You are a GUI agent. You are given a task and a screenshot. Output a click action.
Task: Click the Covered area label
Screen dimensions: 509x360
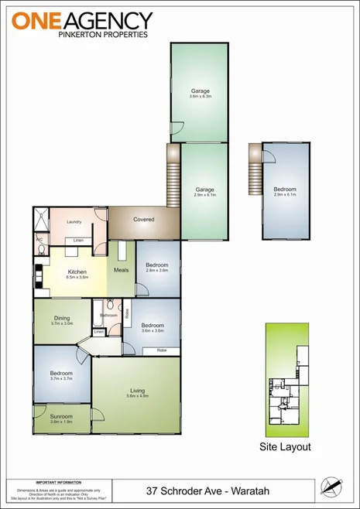[143, 219]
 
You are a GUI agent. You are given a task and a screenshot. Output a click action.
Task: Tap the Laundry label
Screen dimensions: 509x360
[74, 222]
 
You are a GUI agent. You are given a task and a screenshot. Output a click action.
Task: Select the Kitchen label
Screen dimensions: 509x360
[77, 273]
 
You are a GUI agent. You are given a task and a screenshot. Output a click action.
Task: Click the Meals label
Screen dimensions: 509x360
[121, 270]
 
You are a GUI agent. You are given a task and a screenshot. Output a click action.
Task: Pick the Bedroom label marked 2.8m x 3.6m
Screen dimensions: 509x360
[157, 268]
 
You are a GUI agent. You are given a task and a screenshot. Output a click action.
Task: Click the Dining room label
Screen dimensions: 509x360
[62, 320]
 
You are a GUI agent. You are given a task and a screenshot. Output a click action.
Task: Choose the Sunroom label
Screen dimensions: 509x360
[61, 418]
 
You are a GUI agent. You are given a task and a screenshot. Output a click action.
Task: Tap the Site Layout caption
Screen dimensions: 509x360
[284, 447]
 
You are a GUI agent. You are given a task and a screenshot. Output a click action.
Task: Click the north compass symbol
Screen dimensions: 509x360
[331, 486]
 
